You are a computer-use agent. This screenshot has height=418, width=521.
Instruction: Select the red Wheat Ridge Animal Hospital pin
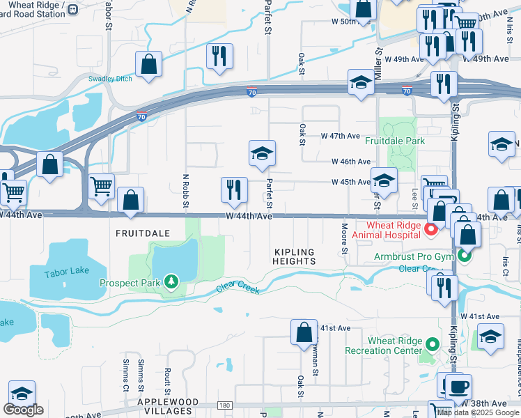(x=431, y=229)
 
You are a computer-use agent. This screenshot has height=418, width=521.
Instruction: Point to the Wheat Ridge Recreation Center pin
(x=433, y=344)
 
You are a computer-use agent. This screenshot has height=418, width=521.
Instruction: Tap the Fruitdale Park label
(x=395, y=140)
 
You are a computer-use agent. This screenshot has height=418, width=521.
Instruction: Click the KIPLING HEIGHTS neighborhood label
(x=295, y=256)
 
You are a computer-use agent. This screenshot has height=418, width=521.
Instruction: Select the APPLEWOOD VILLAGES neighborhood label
(x=164, y=407)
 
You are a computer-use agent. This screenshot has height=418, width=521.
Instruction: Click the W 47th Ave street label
(x=340, y=136)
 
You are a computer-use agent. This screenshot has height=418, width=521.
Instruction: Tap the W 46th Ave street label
(x=350, y=162)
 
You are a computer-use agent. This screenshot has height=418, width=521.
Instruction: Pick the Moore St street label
(x=344, y=238)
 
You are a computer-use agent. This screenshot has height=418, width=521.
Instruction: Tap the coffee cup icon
(x=458, y=387)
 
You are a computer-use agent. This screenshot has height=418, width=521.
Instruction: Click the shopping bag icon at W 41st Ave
(x=304, y=332)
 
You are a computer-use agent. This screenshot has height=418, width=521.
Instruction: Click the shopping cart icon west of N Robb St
(x=102, y=186)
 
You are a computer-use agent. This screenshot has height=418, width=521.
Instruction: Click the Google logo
(x=23, y=410)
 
